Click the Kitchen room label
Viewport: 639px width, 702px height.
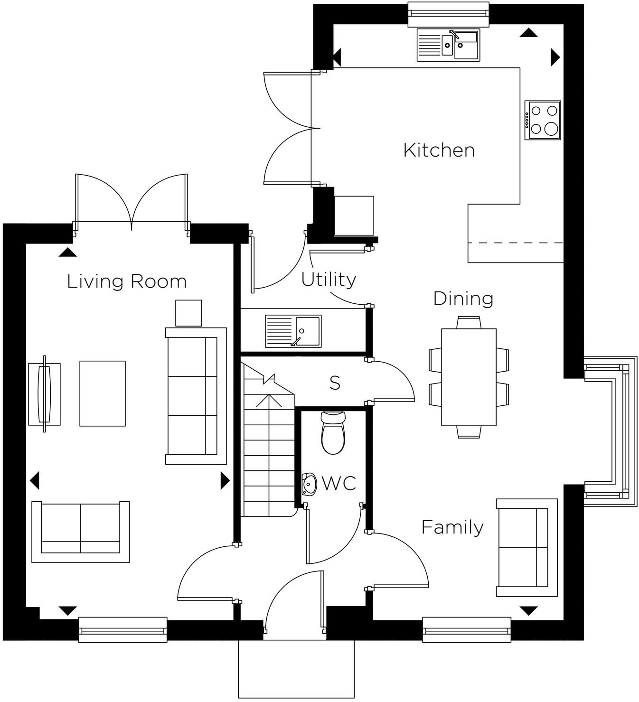pyautogui.click(x=439, y=150)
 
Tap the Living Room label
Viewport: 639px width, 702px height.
pyautogui.click(x=127, y=281)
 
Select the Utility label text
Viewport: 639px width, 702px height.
pyautogui.click(x=329, y=280)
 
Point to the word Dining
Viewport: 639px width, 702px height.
pyautogui.click(x=463, y=299)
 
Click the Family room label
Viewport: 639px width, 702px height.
pyautogui.click(x=452, y=527)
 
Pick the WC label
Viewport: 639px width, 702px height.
pyautogui.click(x=339, y=484)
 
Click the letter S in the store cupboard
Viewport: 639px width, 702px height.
pyautogui.click(x=335, y=383)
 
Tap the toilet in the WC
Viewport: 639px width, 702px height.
pyautogui.click(x=333, y=433)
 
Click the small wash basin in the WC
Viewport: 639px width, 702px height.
pyautogui.click(x=309, y=484)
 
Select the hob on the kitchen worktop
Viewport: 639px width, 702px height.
pyautogui.click(x=543, y=120)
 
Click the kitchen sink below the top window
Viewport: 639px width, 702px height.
pyautogui.click(x=448, y=45)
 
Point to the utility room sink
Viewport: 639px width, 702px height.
pyautogui.click(x=293, y=331)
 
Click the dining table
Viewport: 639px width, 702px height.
pyautogui.click(x=469, y=377)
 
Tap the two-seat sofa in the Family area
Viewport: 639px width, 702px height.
pyautogui.click(x=526, y=547)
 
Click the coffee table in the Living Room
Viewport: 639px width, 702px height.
pyautogui.click(x=103, y=393)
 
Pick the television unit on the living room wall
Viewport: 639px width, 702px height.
pyautogui.click(x=45, y=394)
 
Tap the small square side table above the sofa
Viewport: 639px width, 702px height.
pyautogui.click(x=188, y=313)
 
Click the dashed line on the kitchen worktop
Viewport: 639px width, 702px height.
pyautogui.click(x=516, y=243)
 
